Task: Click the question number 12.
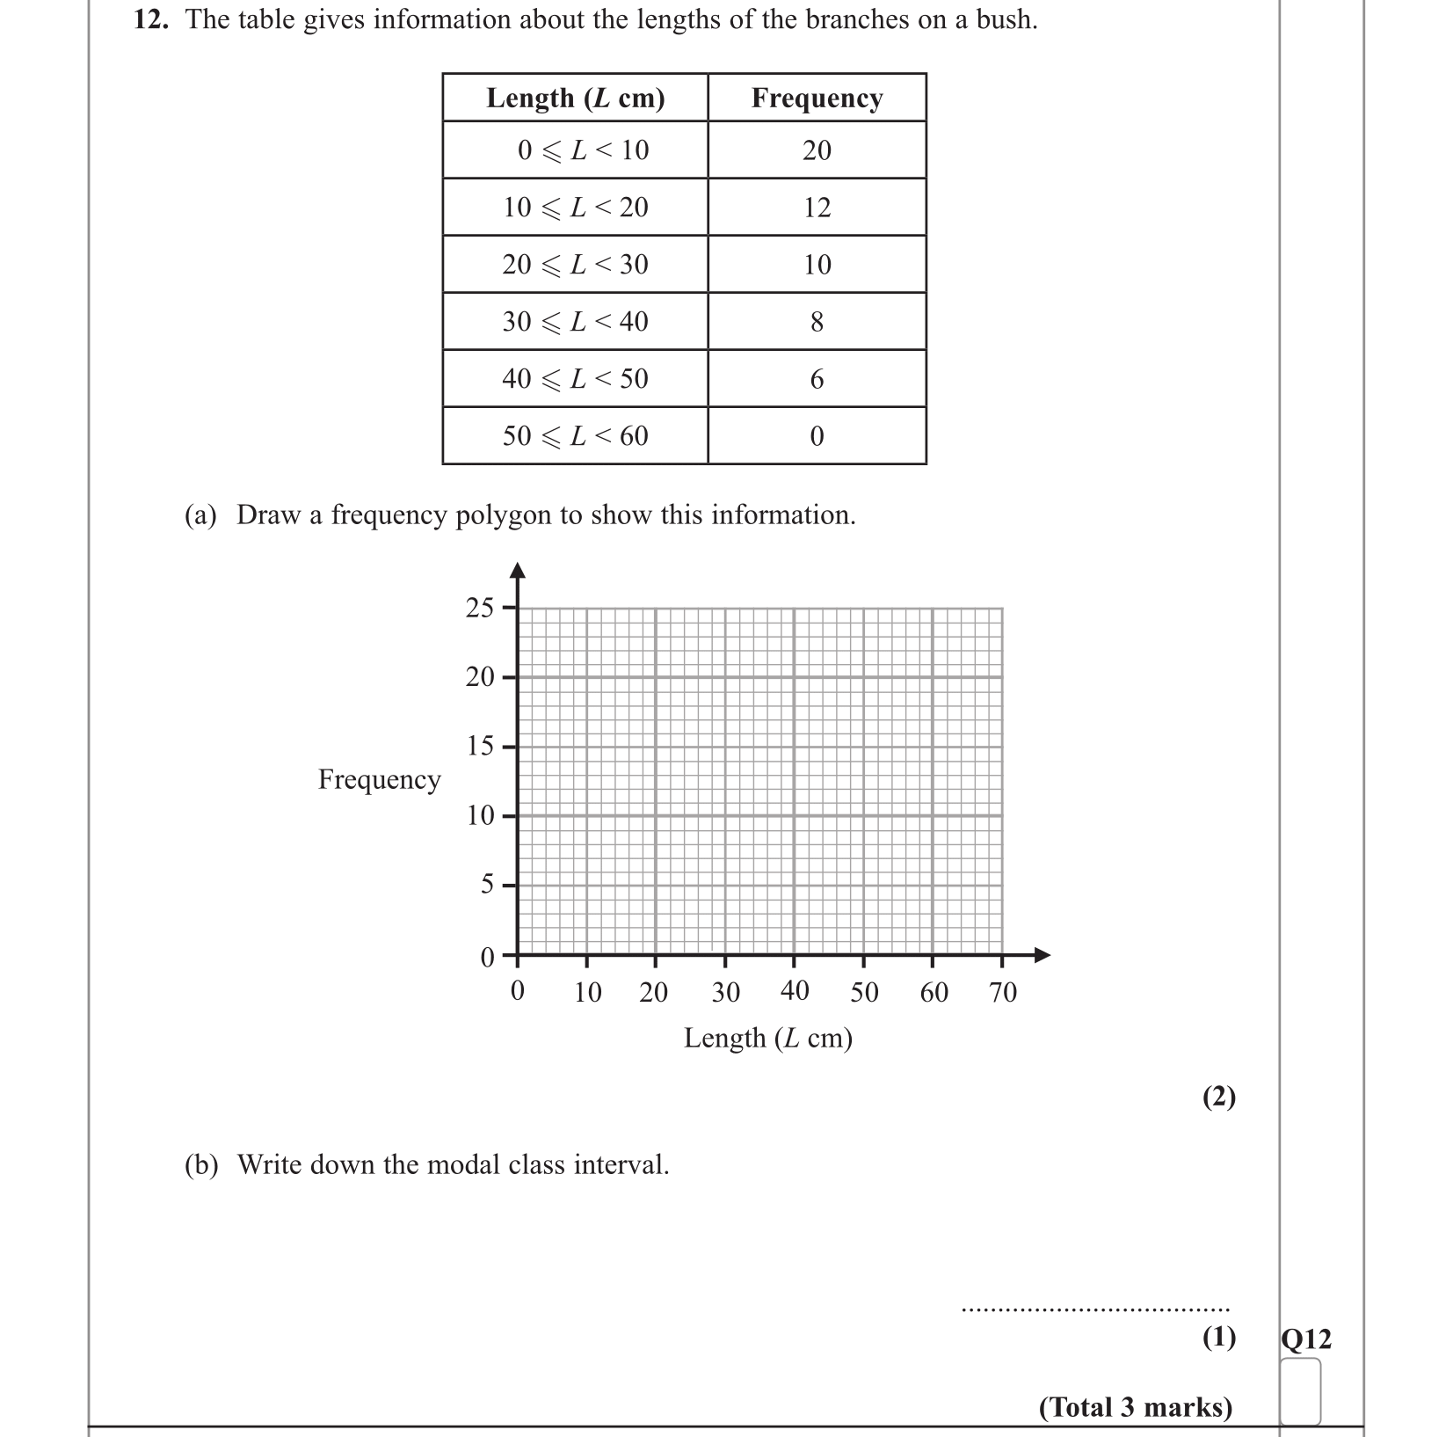tap(150, 19)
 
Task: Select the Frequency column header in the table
tap(817, 98)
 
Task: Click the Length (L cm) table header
tap(575, 98)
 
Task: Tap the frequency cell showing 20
tap(817, 150)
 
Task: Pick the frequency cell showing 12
tap(817, 208)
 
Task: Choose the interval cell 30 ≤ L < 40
tap(575, 322)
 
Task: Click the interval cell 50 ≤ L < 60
tap(575, 436)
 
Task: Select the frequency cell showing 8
tap(817, 322)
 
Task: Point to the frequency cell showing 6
tap(817, 379)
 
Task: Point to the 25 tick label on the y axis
tap(480, 608)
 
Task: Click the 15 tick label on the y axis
tap(480, 747)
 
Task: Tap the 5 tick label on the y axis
tap(487, 885)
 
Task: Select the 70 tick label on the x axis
tap(1003, 993)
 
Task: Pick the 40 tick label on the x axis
tap(795, 991)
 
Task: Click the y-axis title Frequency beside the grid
tap(379, 780)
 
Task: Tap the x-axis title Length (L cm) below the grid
tap(768, 1039)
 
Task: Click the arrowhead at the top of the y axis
tap(518, 571)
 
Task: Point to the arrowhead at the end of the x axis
tap(1042, 955)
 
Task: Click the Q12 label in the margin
tap(1306, 1339)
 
